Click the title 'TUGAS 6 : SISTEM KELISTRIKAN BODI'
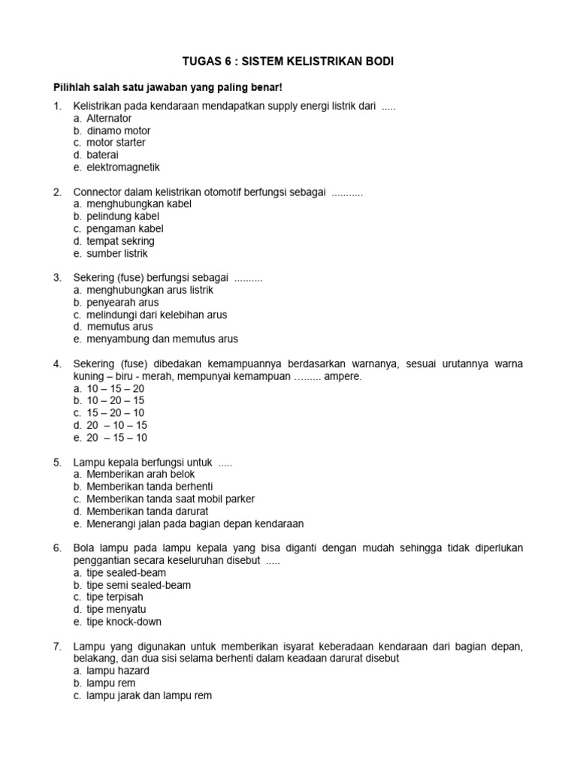coord(288,62)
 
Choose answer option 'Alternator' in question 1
coord(109,118)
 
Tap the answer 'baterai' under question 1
coord(103,155)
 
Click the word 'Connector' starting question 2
coord(96,192)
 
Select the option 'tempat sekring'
coord(120,241)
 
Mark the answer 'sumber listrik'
coord(117,254)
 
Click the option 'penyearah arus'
coord(122,303)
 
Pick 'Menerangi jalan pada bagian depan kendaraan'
coord(195,523)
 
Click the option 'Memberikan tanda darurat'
coord(147,511)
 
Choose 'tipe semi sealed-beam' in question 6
coord(138,585)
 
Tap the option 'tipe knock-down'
coord(124,622)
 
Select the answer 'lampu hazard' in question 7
coord(118,671)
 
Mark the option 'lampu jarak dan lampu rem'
coord(149,695)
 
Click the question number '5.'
coord(57,462)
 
